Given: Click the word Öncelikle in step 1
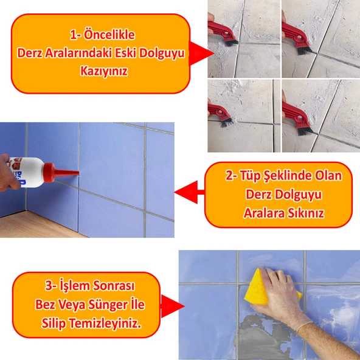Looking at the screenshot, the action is [109, 35].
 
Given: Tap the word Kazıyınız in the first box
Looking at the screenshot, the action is [104, 71].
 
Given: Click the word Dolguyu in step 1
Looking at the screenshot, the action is [162, 54].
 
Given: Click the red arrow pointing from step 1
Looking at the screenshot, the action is [201, 54].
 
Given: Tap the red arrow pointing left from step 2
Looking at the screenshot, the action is [189, 192].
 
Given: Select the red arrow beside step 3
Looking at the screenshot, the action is [172, 306].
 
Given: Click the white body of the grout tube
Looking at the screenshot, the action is [29, 172].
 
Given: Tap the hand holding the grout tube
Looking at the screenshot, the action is [8, 173].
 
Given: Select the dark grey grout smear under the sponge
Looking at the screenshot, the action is [261, 337].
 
